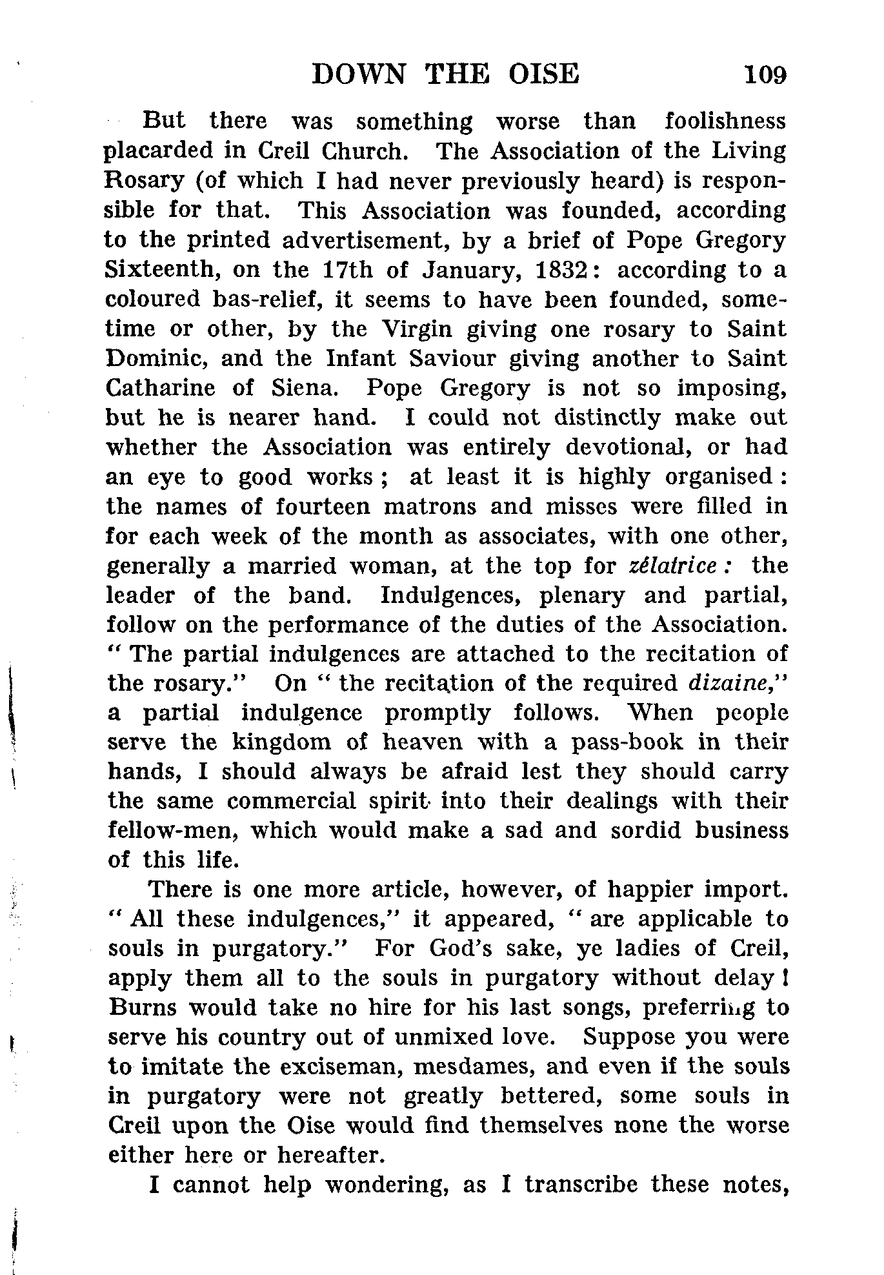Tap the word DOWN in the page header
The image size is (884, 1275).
click(358, 75)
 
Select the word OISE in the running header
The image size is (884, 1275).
click(543, 75)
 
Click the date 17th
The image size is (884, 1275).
click(346, 270)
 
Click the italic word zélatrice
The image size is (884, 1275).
click(679, 566)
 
